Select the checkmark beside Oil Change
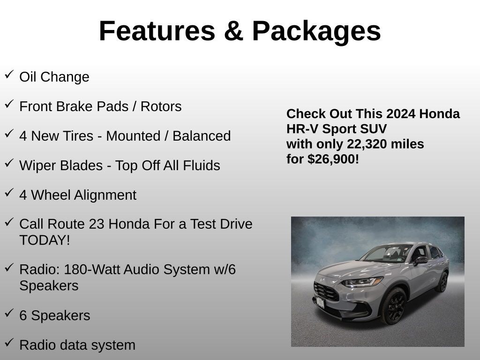9,75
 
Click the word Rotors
161,106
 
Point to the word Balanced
202,136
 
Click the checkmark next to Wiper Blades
9,163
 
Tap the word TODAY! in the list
45,240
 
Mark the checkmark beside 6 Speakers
9,313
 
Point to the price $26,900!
333,159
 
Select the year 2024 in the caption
401,114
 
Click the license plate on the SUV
320,302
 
